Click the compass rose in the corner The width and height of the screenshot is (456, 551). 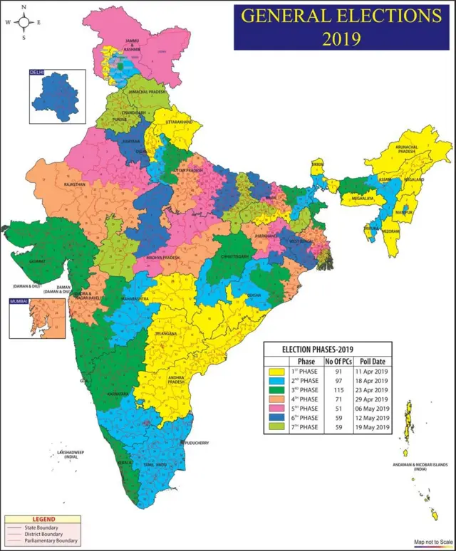pyautogui.click(x=23, y=22)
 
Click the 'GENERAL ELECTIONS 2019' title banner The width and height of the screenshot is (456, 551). pyautogui.click(x=341, y=26)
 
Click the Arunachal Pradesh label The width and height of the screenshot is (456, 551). pyautogui.click(x=405, y=148)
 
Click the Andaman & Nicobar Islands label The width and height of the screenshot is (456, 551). pyautogui.click(x=420, y=466)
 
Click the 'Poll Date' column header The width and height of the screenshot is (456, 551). pyautogui.click(x=372, y=362)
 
